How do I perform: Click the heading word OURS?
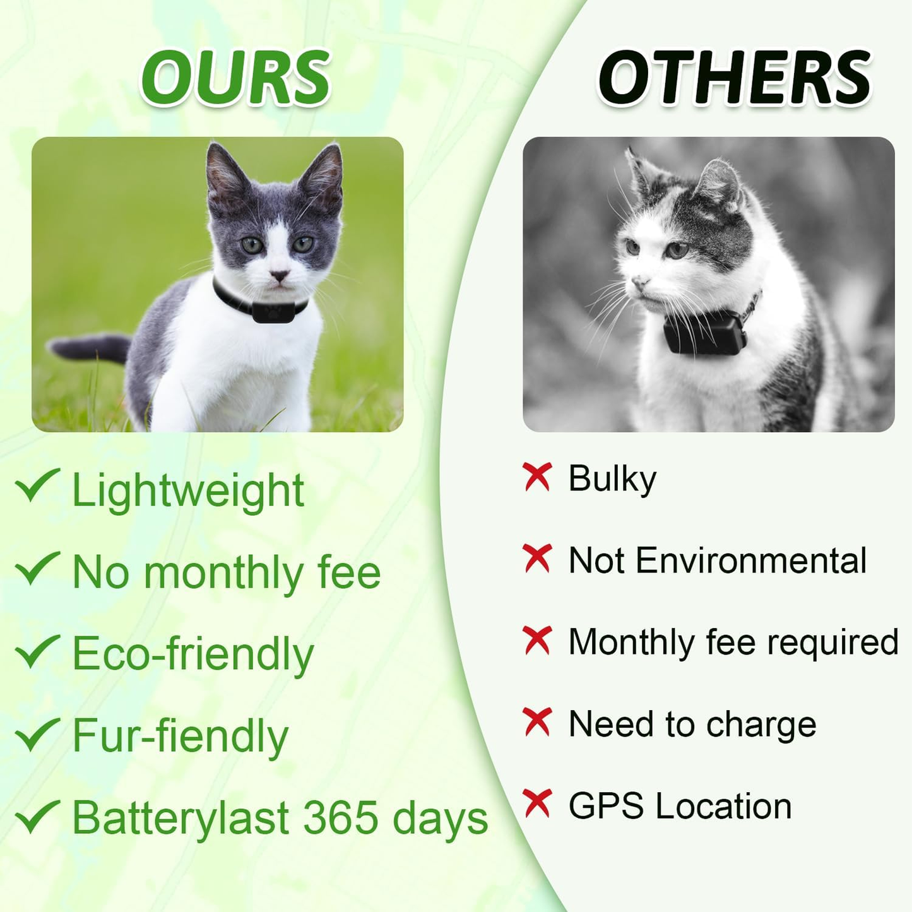tap(235, 78)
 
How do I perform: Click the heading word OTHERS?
tap(735, 78)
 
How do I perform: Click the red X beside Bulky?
tap(537, 477)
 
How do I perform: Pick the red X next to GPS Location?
tap(537, 803)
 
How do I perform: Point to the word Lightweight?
tap(188, 491)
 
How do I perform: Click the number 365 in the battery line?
tap(341, 818)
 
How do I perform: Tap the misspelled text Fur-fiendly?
tap(180, 736)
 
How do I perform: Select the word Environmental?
tap(751, 560)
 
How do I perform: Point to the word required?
tap(833, 643)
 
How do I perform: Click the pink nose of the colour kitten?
tap(278, 275)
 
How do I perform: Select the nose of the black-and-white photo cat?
tap(639, 281)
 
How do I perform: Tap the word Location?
tap(723, 806)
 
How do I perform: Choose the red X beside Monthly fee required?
tap(537, 640)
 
